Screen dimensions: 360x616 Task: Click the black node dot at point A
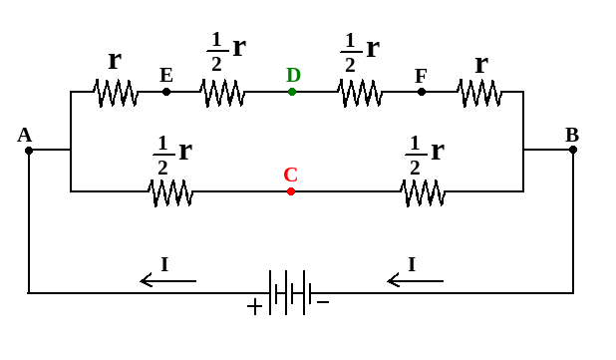(x=29, y=150)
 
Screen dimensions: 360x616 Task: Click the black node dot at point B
(x=573, y=150)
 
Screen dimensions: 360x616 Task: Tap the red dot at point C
(x=291, y=191)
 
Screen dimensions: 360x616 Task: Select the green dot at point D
(x=292, y=92)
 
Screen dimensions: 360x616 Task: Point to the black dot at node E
(x=166, y=92)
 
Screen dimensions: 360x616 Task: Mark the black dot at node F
(x=422, y=92)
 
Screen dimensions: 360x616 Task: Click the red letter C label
(x=290, y=175)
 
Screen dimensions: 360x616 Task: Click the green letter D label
(x=293, y=75)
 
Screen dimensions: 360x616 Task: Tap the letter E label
(x=166, y=75)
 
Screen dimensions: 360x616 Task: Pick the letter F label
(x=421, y=76)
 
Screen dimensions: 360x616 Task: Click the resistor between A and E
(x=116, y=93)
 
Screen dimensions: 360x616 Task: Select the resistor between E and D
(x=222, y=93)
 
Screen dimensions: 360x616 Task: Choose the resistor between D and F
(x=359, y=93)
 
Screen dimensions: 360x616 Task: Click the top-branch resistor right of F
(x=479, y=93)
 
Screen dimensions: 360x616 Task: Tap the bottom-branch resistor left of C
(x=170, y=191)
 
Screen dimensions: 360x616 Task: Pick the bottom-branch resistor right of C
(x=423, y=191)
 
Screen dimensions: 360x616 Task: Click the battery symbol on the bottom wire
(x=290, y=292)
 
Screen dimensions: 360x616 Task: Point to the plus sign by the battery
(x=254, y=307)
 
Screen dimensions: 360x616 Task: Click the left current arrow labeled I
(x=167, y=280)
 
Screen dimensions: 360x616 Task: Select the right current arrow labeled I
(x=415, y=280)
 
